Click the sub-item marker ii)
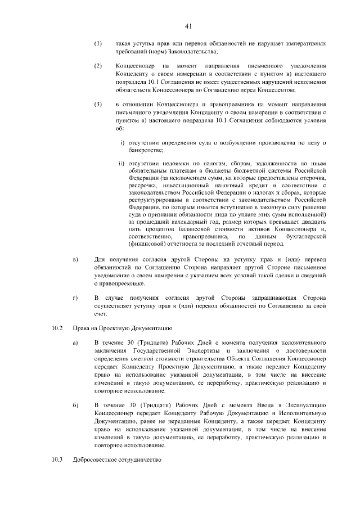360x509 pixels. click(x=121, y=164)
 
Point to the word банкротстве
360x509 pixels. click(x=146, y=150)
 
